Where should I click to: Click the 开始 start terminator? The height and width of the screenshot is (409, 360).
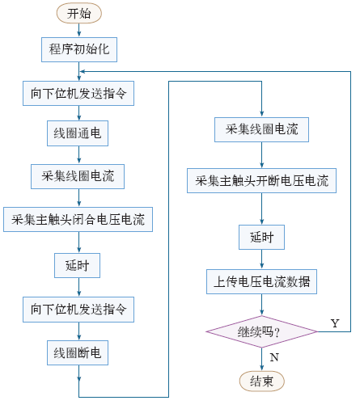point(79,13)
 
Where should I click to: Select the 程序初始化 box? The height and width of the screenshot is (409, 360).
point(79,49)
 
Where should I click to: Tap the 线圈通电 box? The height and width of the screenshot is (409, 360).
point(78,133)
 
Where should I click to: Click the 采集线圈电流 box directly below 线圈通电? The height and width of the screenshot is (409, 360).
point(78,176)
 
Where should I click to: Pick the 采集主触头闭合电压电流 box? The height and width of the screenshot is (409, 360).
point(78,219)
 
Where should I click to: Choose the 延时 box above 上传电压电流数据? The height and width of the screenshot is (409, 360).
point(261,237)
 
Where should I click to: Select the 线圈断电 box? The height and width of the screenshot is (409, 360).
point(78,352)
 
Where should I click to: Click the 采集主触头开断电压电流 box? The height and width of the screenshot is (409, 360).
point(261,180)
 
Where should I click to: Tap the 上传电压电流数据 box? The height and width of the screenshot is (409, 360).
point(261,281)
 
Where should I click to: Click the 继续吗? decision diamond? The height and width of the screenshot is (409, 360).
point(261,331)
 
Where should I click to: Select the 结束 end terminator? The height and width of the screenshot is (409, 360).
point(262,382)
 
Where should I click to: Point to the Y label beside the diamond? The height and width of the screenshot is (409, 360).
point(335,323)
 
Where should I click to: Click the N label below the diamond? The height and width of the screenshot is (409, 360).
point(274,357)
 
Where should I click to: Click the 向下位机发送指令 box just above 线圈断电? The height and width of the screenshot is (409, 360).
point(78,310)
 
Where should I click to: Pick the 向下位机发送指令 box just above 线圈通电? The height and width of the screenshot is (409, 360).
point(78,93)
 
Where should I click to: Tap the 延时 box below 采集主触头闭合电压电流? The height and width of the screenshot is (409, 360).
point(78,265)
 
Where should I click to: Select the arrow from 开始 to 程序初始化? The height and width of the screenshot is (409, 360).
point(79,30)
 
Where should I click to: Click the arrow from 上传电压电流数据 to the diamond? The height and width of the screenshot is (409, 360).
point(261,305)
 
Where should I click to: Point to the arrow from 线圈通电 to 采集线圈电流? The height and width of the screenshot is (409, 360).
point(79,155)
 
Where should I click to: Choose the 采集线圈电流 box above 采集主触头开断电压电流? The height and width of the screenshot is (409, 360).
point(261,129)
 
